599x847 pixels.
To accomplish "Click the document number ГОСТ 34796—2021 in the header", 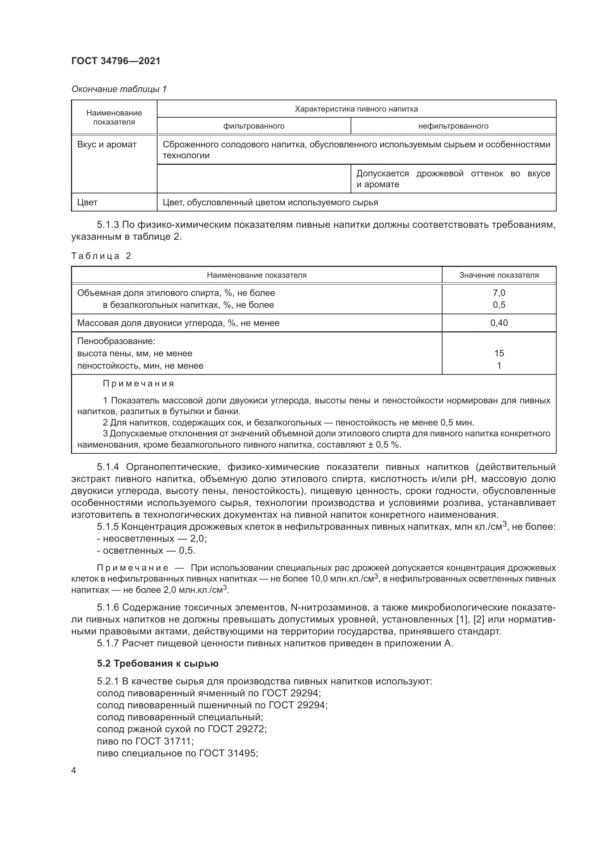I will click(x=116, y=61).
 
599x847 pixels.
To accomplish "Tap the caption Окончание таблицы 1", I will click(x=119, y=89).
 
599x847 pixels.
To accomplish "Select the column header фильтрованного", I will click(x=254, y=126).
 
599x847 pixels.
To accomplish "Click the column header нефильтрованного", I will click(x=453, y=126).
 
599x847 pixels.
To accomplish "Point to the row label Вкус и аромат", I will click(x=106, y=144).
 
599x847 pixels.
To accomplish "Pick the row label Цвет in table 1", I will click(x=87, y=202).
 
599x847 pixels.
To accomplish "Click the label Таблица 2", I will click(x=101, y=256).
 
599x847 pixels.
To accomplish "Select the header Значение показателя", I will click(x=499, y=275).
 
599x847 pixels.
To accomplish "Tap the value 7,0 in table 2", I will click(x=499, y=293).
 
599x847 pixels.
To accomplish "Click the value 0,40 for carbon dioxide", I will click(x=499, y=323).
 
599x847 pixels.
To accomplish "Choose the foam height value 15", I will click(x=499, y=353).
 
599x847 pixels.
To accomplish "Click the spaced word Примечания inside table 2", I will click(x=138, y=383).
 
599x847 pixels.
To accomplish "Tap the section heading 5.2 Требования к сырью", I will click(x=158, y=664).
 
